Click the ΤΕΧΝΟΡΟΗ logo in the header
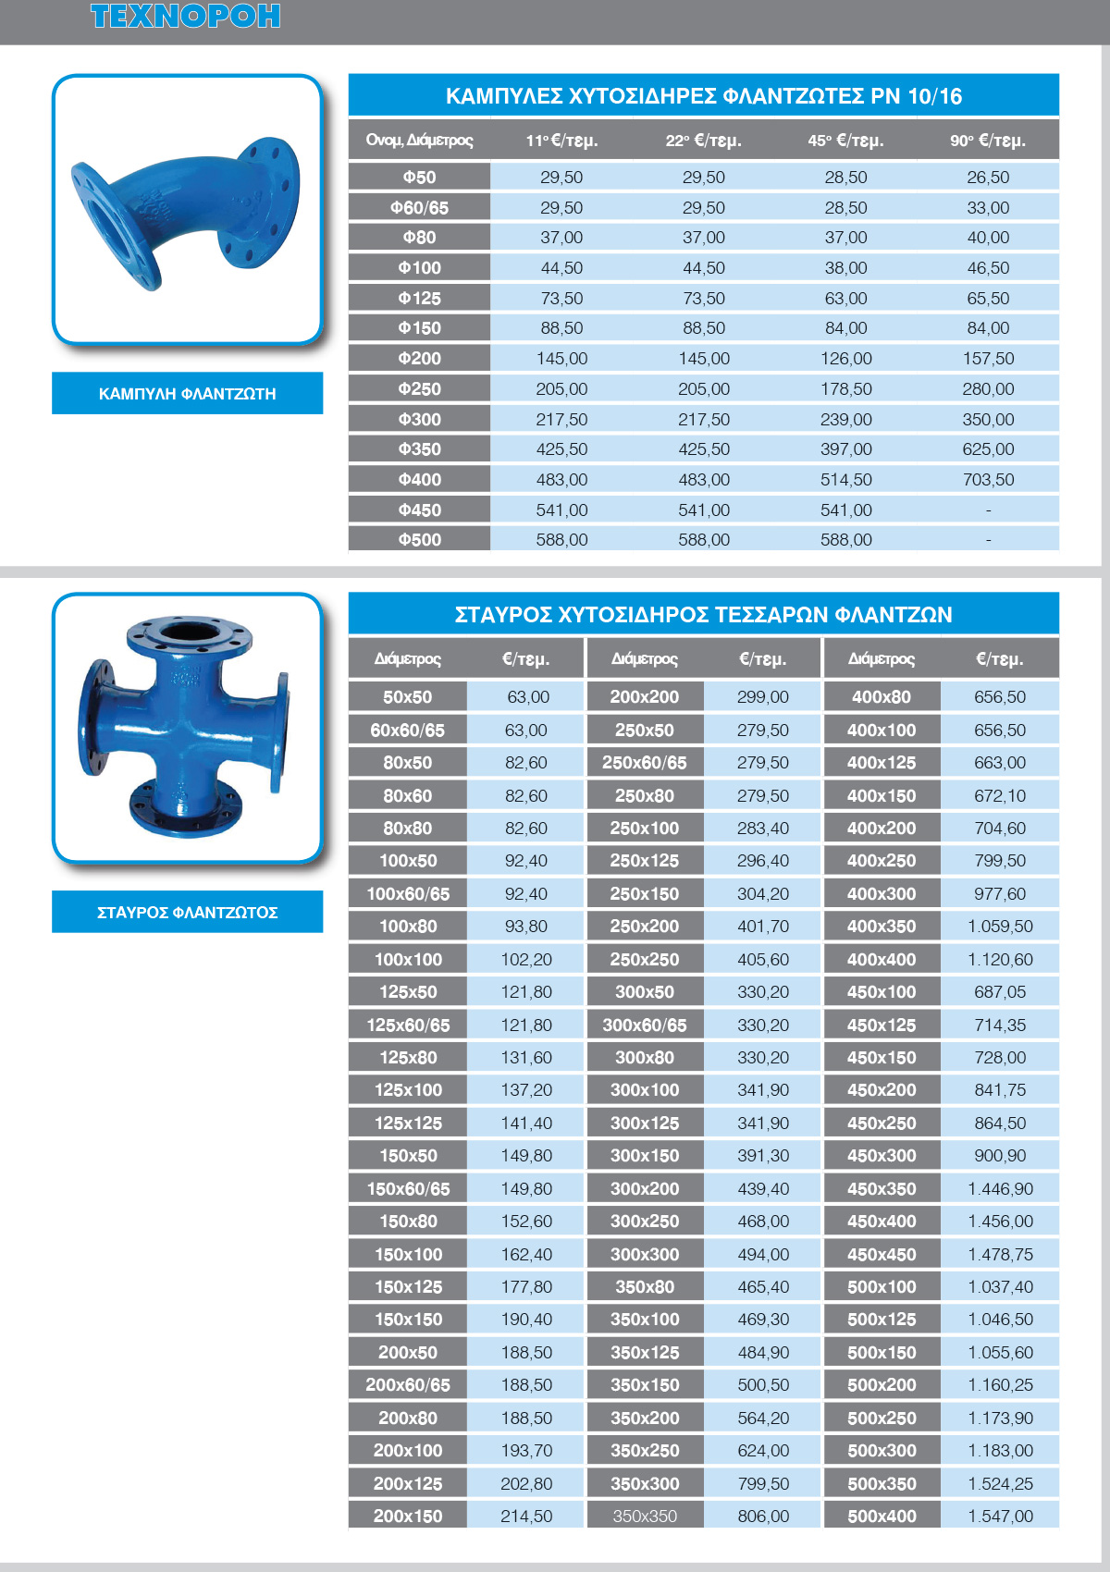[x=185, y=17]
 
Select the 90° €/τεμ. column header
[x=988, y=141]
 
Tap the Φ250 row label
[x=419, y=389]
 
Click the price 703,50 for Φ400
[x=988, y=480]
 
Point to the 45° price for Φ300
[x=845, y=420]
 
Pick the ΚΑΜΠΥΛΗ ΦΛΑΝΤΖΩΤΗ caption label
[x=187, y=394]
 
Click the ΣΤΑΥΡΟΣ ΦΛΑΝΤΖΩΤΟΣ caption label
[x=187, y=913]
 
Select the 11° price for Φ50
[x=561, y=178]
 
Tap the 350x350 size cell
[x=645, y=1517]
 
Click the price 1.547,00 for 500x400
[x=1000, y=1517]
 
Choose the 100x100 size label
[x=408, y=960]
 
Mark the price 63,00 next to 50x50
[x=527, y=697]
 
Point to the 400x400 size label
[x=882, y=960]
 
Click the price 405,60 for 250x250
[x=763, y=960]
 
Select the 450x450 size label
[x=882, y=1255]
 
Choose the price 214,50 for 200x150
[x=526, y=1517]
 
